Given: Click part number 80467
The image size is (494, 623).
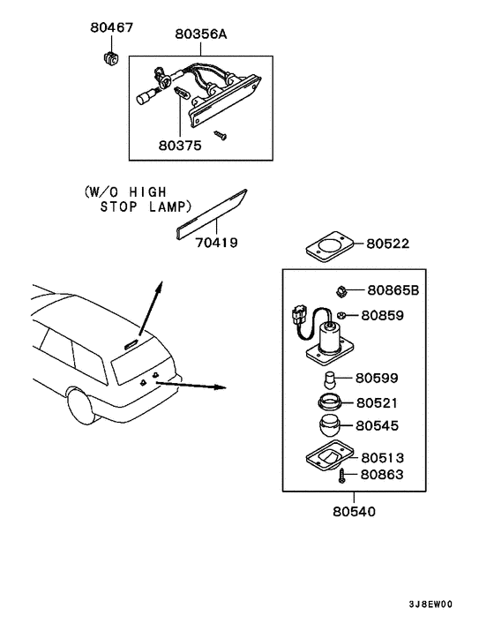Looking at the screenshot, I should [x=111, y=27].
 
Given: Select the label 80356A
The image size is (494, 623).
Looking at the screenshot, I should [x=200, y=34].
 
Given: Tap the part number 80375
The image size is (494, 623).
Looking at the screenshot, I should [x=180, y=144].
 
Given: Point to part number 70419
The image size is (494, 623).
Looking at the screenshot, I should [x=215, y=241].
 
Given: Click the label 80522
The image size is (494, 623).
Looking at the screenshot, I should [x=389, y=243].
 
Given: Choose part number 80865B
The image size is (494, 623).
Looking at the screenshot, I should [x=393, y=289].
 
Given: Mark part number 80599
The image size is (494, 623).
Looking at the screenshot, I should [x=378, y=379].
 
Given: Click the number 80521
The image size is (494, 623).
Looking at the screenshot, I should [x=378, y=402].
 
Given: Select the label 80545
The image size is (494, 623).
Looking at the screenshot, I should [x=378, y=425].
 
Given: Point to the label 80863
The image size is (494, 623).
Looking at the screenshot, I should [x=382, y=475].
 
